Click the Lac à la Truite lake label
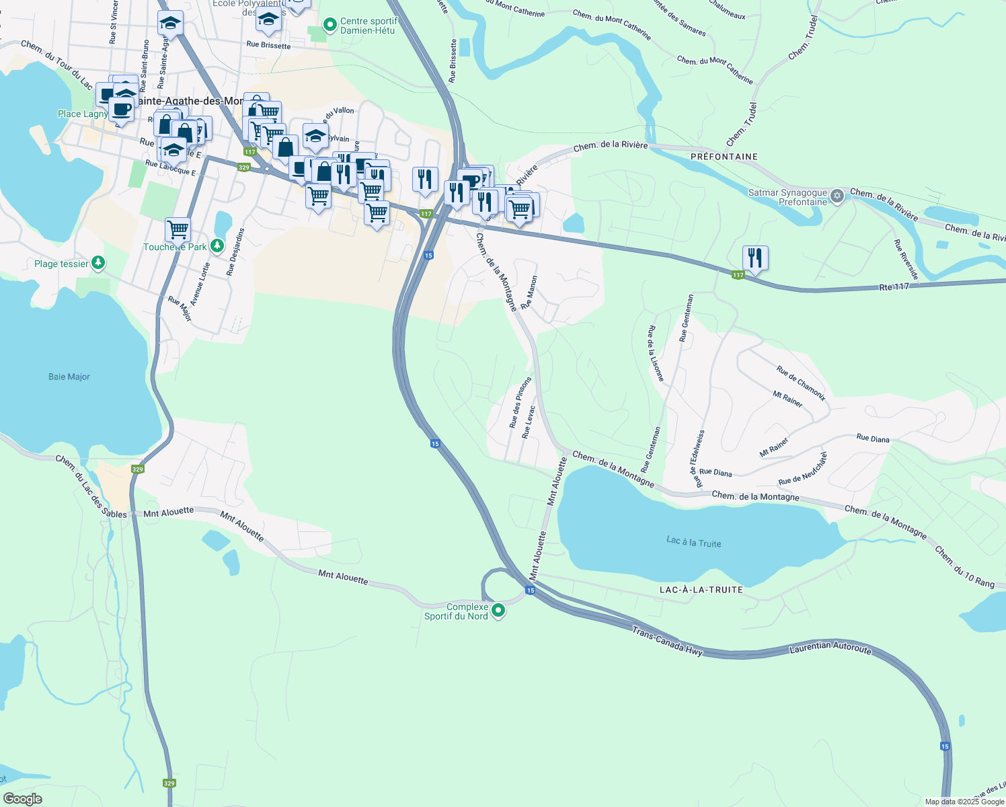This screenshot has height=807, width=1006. point(693,542)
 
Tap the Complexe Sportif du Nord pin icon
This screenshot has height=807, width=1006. point(498,611)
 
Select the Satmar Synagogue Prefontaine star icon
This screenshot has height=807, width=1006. point(837,196)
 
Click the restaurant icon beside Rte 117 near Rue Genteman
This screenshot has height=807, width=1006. point(755,258)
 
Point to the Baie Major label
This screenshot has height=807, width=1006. point(69,377)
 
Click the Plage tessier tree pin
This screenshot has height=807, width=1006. point(98,263)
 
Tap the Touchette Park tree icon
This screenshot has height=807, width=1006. point(217,246)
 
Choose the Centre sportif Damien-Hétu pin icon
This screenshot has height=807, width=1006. point(330,26)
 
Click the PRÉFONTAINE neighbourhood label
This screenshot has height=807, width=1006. point(724,157)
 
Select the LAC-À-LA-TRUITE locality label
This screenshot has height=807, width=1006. point(701,590)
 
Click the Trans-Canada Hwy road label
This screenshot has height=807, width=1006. point(667,640)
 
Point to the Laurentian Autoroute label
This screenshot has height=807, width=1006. point(830,648)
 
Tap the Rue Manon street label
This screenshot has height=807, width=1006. point(529,292)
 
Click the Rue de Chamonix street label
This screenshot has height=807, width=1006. point(801,383)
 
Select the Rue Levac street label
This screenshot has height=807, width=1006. point(529,422)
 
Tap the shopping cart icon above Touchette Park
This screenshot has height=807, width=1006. point(178,229)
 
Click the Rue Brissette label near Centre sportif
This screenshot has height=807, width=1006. point(268,46)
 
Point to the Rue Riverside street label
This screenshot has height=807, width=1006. point(906,260)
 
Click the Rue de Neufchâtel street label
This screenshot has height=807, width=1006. point(803,469)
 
